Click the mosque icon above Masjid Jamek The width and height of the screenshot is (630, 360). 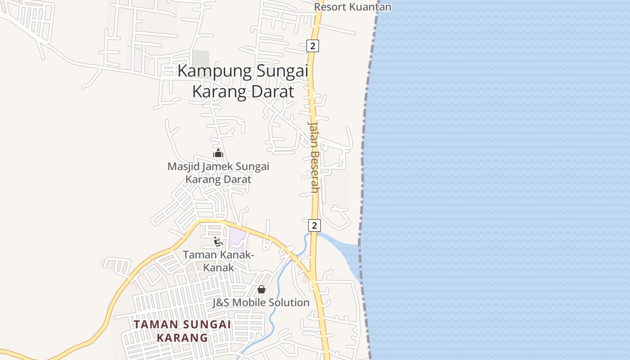pyautogui.click(x=218, y=153)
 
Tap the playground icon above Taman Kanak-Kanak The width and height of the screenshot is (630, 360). pyautogui.click(x=218, y=242)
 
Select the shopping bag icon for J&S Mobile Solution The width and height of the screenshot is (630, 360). pyautogui.click(x=261, y=289)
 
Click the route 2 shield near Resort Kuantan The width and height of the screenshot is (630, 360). pyautogui.click(x=313, y=46)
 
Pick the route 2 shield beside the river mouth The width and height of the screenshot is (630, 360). pyautogui.click(x=315, y=225)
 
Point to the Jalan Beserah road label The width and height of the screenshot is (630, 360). pyautogui.click(x=314, y=157)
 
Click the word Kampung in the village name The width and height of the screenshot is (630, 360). pyautogui.click(x=212, y=72)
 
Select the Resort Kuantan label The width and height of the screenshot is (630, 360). pyautogui.click(x=352, y=7)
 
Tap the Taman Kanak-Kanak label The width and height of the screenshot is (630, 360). pyautogui.click(x=218, y=261)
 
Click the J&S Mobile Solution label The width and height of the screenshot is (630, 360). pyautogui.click(x=261, y=302)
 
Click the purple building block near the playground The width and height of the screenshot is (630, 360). pyautogui.click(x=237, y=239)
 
